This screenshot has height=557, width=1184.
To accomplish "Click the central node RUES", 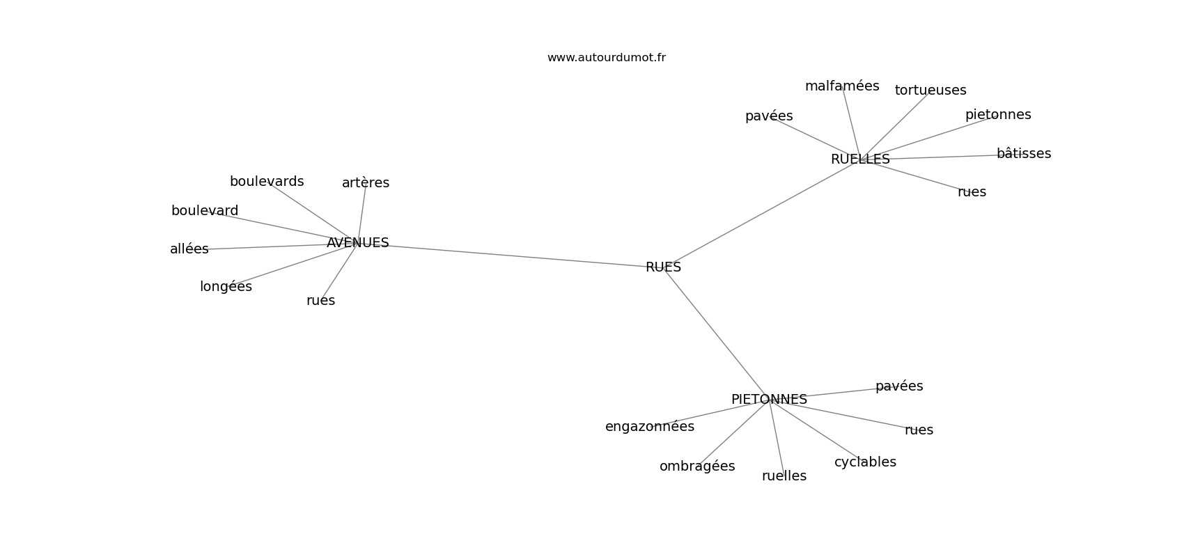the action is pyautogui.click(x=663, y=267).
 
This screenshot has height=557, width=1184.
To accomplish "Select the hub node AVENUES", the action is pyautogui.click(x=358, y=242).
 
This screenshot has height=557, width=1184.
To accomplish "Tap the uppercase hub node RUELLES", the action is pyautogui.click(x=861, y=159).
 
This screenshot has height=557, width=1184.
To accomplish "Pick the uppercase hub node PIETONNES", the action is pyautogui.click(x=769, y=400).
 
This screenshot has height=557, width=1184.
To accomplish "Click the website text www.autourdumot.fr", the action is pyautogui.click(x=606, y=58).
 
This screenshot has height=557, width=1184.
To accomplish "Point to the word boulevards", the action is pyautogui.click(x=267, y=181).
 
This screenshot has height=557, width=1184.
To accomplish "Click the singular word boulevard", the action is pyautogui.click(x=205, y=210).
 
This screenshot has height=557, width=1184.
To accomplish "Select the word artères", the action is pyautogui.click(x=366, y=182).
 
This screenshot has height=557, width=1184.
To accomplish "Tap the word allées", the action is pyautogui.click(x=189, y=249).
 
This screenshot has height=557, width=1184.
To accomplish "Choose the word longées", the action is pyautogui.click(x=226, y=286).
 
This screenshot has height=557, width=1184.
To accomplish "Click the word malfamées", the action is pyautogui.click(x=842, y=86).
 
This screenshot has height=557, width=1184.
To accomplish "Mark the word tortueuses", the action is pyautogui.click(x=930, y=90).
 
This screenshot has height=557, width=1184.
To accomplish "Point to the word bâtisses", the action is pyautogui.click(x=1024, y=153).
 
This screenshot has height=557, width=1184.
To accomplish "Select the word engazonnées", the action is pyautogui.click(x=650, y=427).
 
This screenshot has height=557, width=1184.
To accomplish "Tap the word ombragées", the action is pyautogui.click(x=697, y=466).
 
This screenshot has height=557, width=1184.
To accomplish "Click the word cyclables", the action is pyautogui.click(x=865, y=462).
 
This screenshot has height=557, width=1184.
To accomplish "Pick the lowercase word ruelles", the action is pyautogui.click(x=784, y=476).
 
